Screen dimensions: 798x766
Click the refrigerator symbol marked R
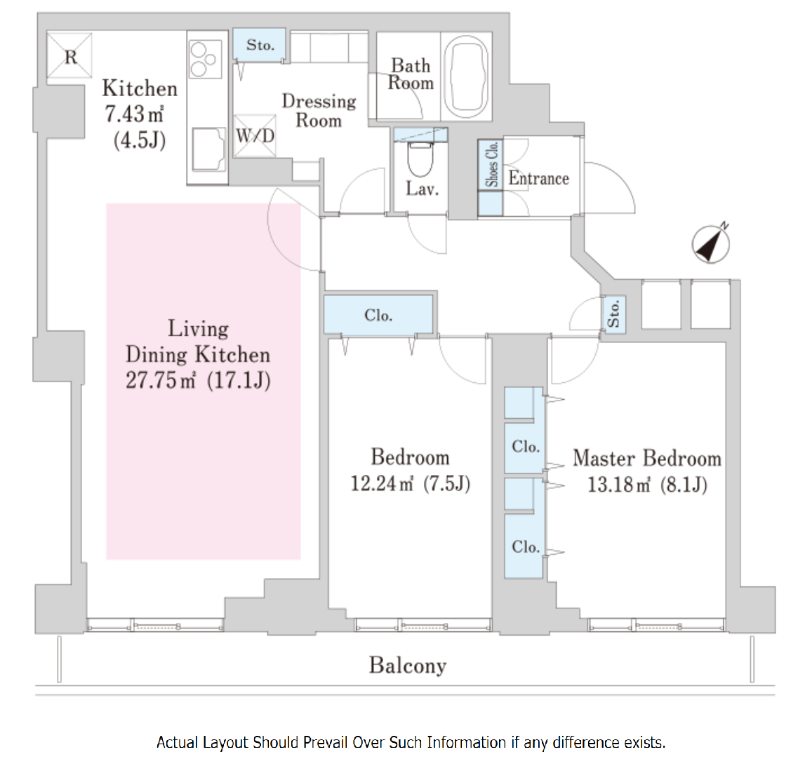pos(69,55)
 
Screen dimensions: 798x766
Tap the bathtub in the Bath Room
pos(466,74)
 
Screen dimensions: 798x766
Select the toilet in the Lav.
pos(420,159)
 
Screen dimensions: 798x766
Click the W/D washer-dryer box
pos(255,136)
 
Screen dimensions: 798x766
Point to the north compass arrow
pos(711,243)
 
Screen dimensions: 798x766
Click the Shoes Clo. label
pos(491,164)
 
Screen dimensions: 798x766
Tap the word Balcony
pos(408,665)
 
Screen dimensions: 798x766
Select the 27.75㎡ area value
pos(160,380)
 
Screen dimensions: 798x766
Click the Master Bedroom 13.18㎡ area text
pos(619,485)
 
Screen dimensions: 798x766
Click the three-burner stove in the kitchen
pos(206,60)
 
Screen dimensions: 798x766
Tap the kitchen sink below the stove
pos(208,149)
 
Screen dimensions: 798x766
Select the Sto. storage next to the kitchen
pos(260,45)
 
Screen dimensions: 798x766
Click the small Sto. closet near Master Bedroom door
pos(614,314)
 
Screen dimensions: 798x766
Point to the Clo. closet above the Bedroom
pos(378,315)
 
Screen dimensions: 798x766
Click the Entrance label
pos(538,179)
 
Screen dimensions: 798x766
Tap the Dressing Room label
pos(319,110)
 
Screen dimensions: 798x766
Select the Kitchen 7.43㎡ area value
pos(134,114)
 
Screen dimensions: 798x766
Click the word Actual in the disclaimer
pos(177,742)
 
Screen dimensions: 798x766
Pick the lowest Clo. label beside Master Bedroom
pos(526,546)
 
